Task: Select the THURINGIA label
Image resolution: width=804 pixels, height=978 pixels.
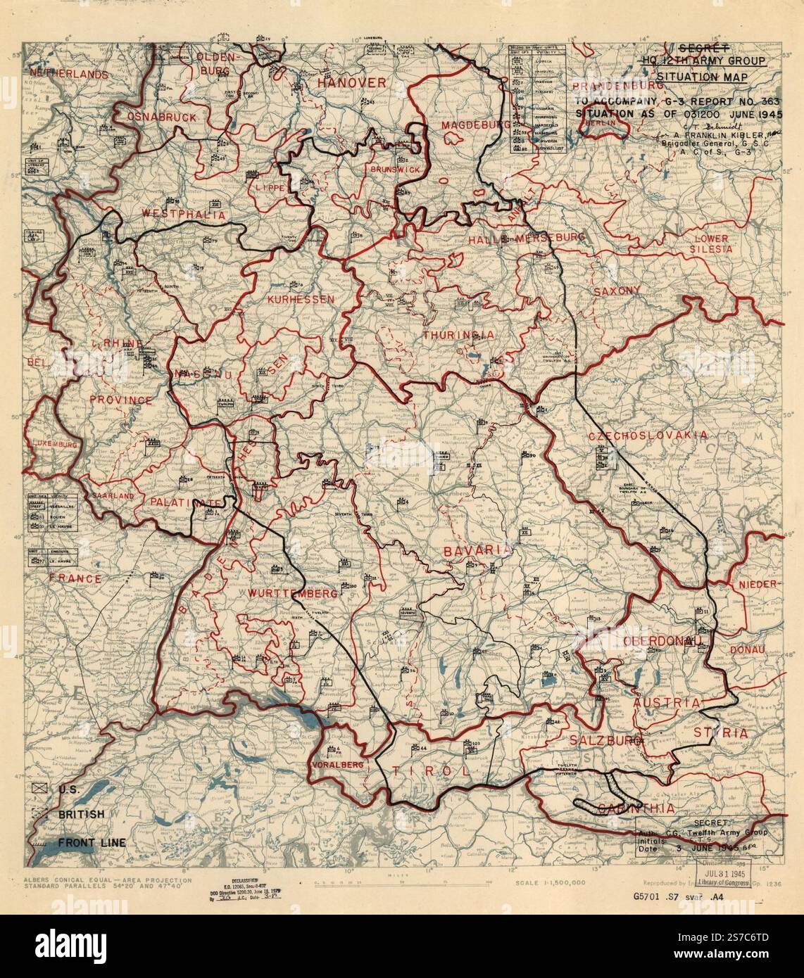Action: (458, 335)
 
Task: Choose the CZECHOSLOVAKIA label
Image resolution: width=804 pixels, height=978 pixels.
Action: (648, 436)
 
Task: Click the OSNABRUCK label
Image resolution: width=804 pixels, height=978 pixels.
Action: (162, 118)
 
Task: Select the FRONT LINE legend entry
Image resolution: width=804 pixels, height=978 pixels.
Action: (92, 842)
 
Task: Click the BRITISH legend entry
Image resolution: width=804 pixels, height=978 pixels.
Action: (81, 814)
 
